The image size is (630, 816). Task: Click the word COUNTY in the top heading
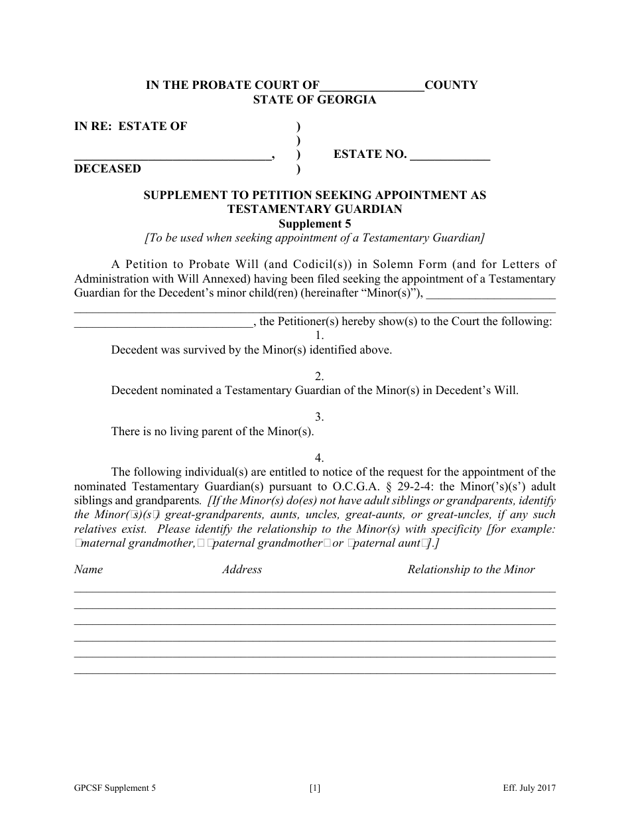pos(451,85)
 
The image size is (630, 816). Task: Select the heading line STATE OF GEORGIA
pos(314,100)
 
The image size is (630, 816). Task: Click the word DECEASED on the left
pos(107,169)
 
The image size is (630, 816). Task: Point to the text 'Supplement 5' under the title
pos(314,224)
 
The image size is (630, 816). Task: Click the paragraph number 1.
pos(320,336)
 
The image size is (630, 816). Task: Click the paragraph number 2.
pos(320,376)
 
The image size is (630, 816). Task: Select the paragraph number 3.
pos(320,417)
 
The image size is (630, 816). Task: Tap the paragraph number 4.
pos(320,458)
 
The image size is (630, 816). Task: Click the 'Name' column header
pos(88,569)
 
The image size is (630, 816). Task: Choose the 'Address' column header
pos(242,569)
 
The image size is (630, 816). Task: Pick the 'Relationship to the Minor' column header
pos(471,569)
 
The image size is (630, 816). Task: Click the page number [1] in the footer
pos(315,789)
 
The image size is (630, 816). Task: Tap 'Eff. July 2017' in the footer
pos(529,789)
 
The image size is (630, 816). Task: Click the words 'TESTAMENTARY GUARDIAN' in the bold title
pos(314,209)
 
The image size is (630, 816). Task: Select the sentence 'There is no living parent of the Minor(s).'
pos(212,431)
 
